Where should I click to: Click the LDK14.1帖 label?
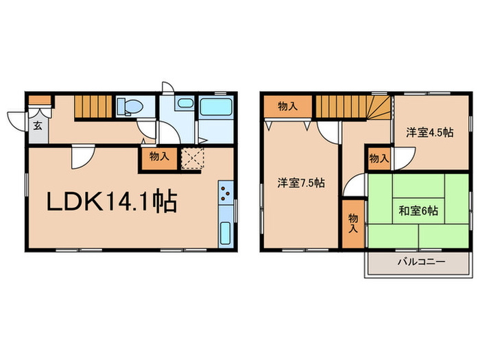[112, 201]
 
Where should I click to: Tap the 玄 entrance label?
[36, 125]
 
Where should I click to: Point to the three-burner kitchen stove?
[226, 195]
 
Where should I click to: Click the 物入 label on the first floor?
[159, 156]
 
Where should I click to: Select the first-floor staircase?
[92, 107]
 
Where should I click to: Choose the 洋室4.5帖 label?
[429, 132]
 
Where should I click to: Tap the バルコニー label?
[420, 263]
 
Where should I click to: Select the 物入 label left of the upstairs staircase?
[287, 106]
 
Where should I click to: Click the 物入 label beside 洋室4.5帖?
[379, 158]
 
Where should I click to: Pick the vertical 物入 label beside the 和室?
[352, 224]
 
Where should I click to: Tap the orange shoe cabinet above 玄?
[40, 100]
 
